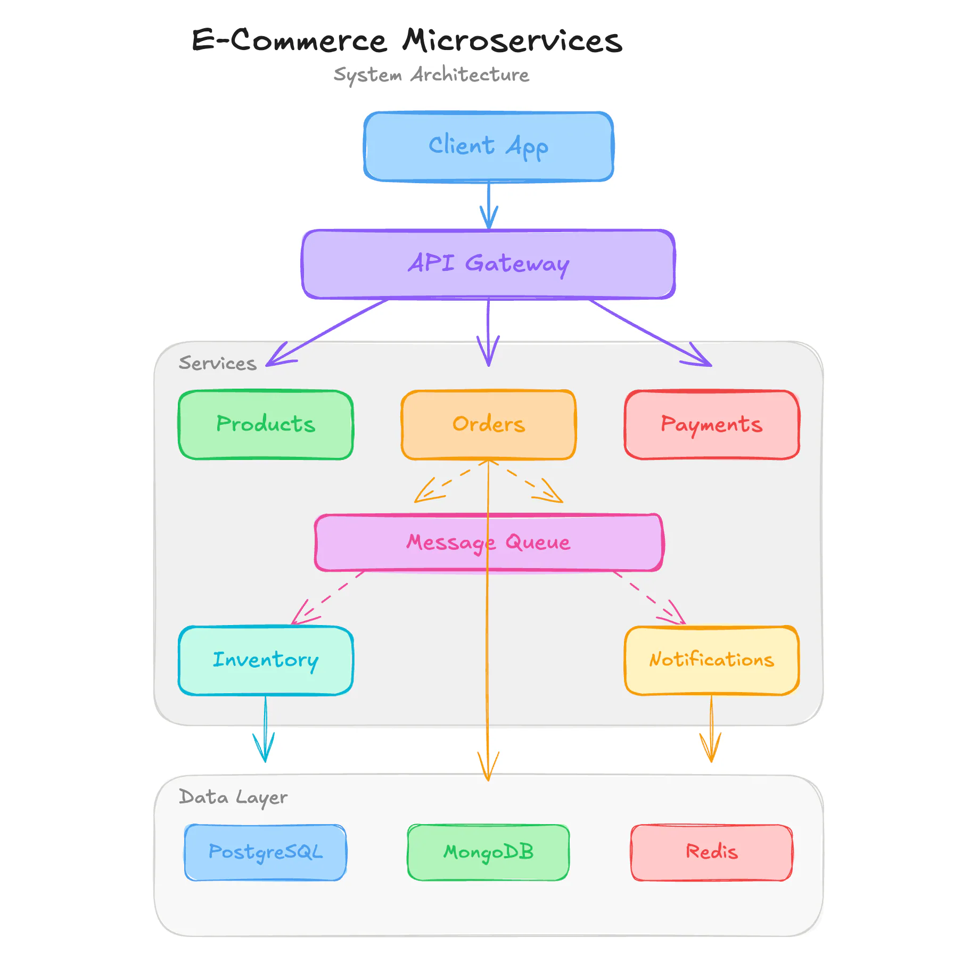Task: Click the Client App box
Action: point(488,146)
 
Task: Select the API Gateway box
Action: point(488,264)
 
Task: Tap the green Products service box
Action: point(266,425)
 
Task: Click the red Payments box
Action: point(711,425)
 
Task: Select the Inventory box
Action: point(266,660)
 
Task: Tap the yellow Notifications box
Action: point(711,660)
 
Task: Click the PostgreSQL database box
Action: point(266,852)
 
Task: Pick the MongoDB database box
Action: point(488,852)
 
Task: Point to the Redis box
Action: point(711,852)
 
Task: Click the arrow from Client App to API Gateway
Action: point(489,205)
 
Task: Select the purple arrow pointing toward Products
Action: point(330,331)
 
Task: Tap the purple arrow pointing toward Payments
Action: point(650,333)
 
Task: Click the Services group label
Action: point(217,363)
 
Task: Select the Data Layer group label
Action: point(233,797)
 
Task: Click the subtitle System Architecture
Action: point(431,75)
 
